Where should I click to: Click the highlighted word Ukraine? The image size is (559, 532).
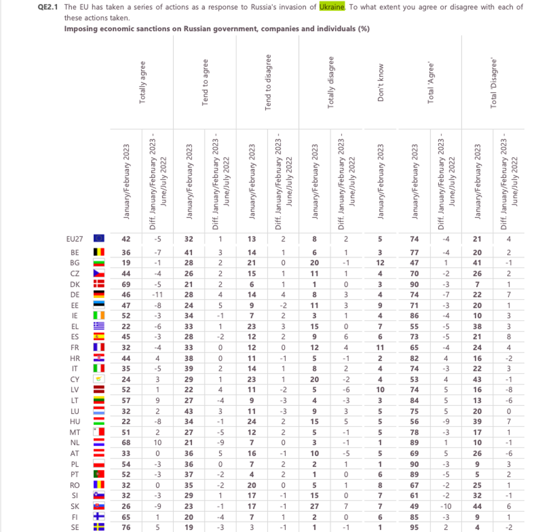coord(331,7)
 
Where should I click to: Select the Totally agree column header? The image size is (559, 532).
coord(142,82)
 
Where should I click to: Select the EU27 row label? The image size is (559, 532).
coord(74,239)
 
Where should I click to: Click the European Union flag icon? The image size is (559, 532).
coord(99,239)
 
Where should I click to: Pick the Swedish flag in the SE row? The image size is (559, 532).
coord(99,527)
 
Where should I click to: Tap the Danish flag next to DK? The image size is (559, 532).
coord(99,284)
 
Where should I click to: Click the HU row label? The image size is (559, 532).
coord(74,422)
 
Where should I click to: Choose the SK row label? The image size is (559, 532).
coord(74,506)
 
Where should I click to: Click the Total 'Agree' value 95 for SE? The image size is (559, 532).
coord(415,527)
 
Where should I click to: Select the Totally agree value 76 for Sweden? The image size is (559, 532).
coord(126,527)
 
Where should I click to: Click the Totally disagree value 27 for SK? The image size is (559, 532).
coord(315,506)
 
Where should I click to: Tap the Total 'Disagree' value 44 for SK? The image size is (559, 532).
coord(477,506)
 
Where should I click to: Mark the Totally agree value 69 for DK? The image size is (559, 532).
coord(126,284)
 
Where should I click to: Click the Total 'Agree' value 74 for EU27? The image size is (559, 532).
coord(415,239)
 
